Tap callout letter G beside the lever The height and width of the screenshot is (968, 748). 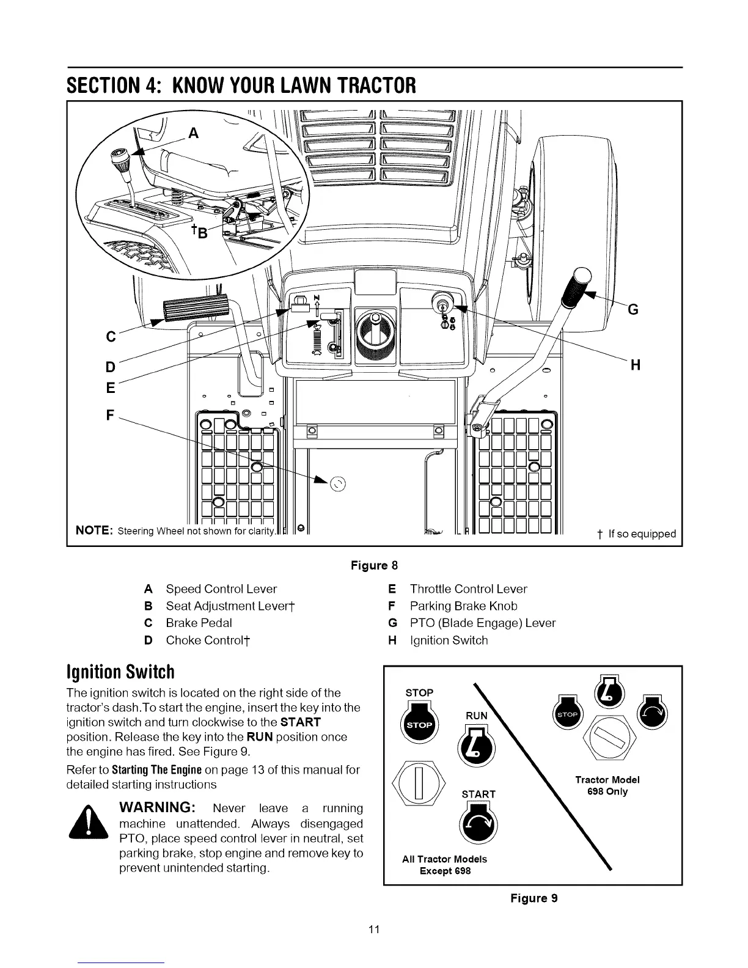pyautogui.click(x=633, y=310)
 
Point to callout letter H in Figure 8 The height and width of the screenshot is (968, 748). pyautogui.click(x=635, y=365)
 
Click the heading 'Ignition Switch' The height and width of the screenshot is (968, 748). pyautogui.click(x=120, y=672)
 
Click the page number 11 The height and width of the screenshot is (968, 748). pyautogui.click(x=374, y=930)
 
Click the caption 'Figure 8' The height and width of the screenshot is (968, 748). pyautogui.click(x=374, y=565)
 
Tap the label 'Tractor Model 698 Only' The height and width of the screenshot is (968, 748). pyautogui.click(x=607, y=785)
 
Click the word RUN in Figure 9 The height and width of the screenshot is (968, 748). pyautogui.click(x=477, y=716)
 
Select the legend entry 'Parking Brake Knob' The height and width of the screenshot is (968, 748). pyautogui.click(x=463, y=606)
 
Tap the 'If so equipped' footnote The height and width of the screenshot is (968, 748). pyautogui.click(x=637, y=533)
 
